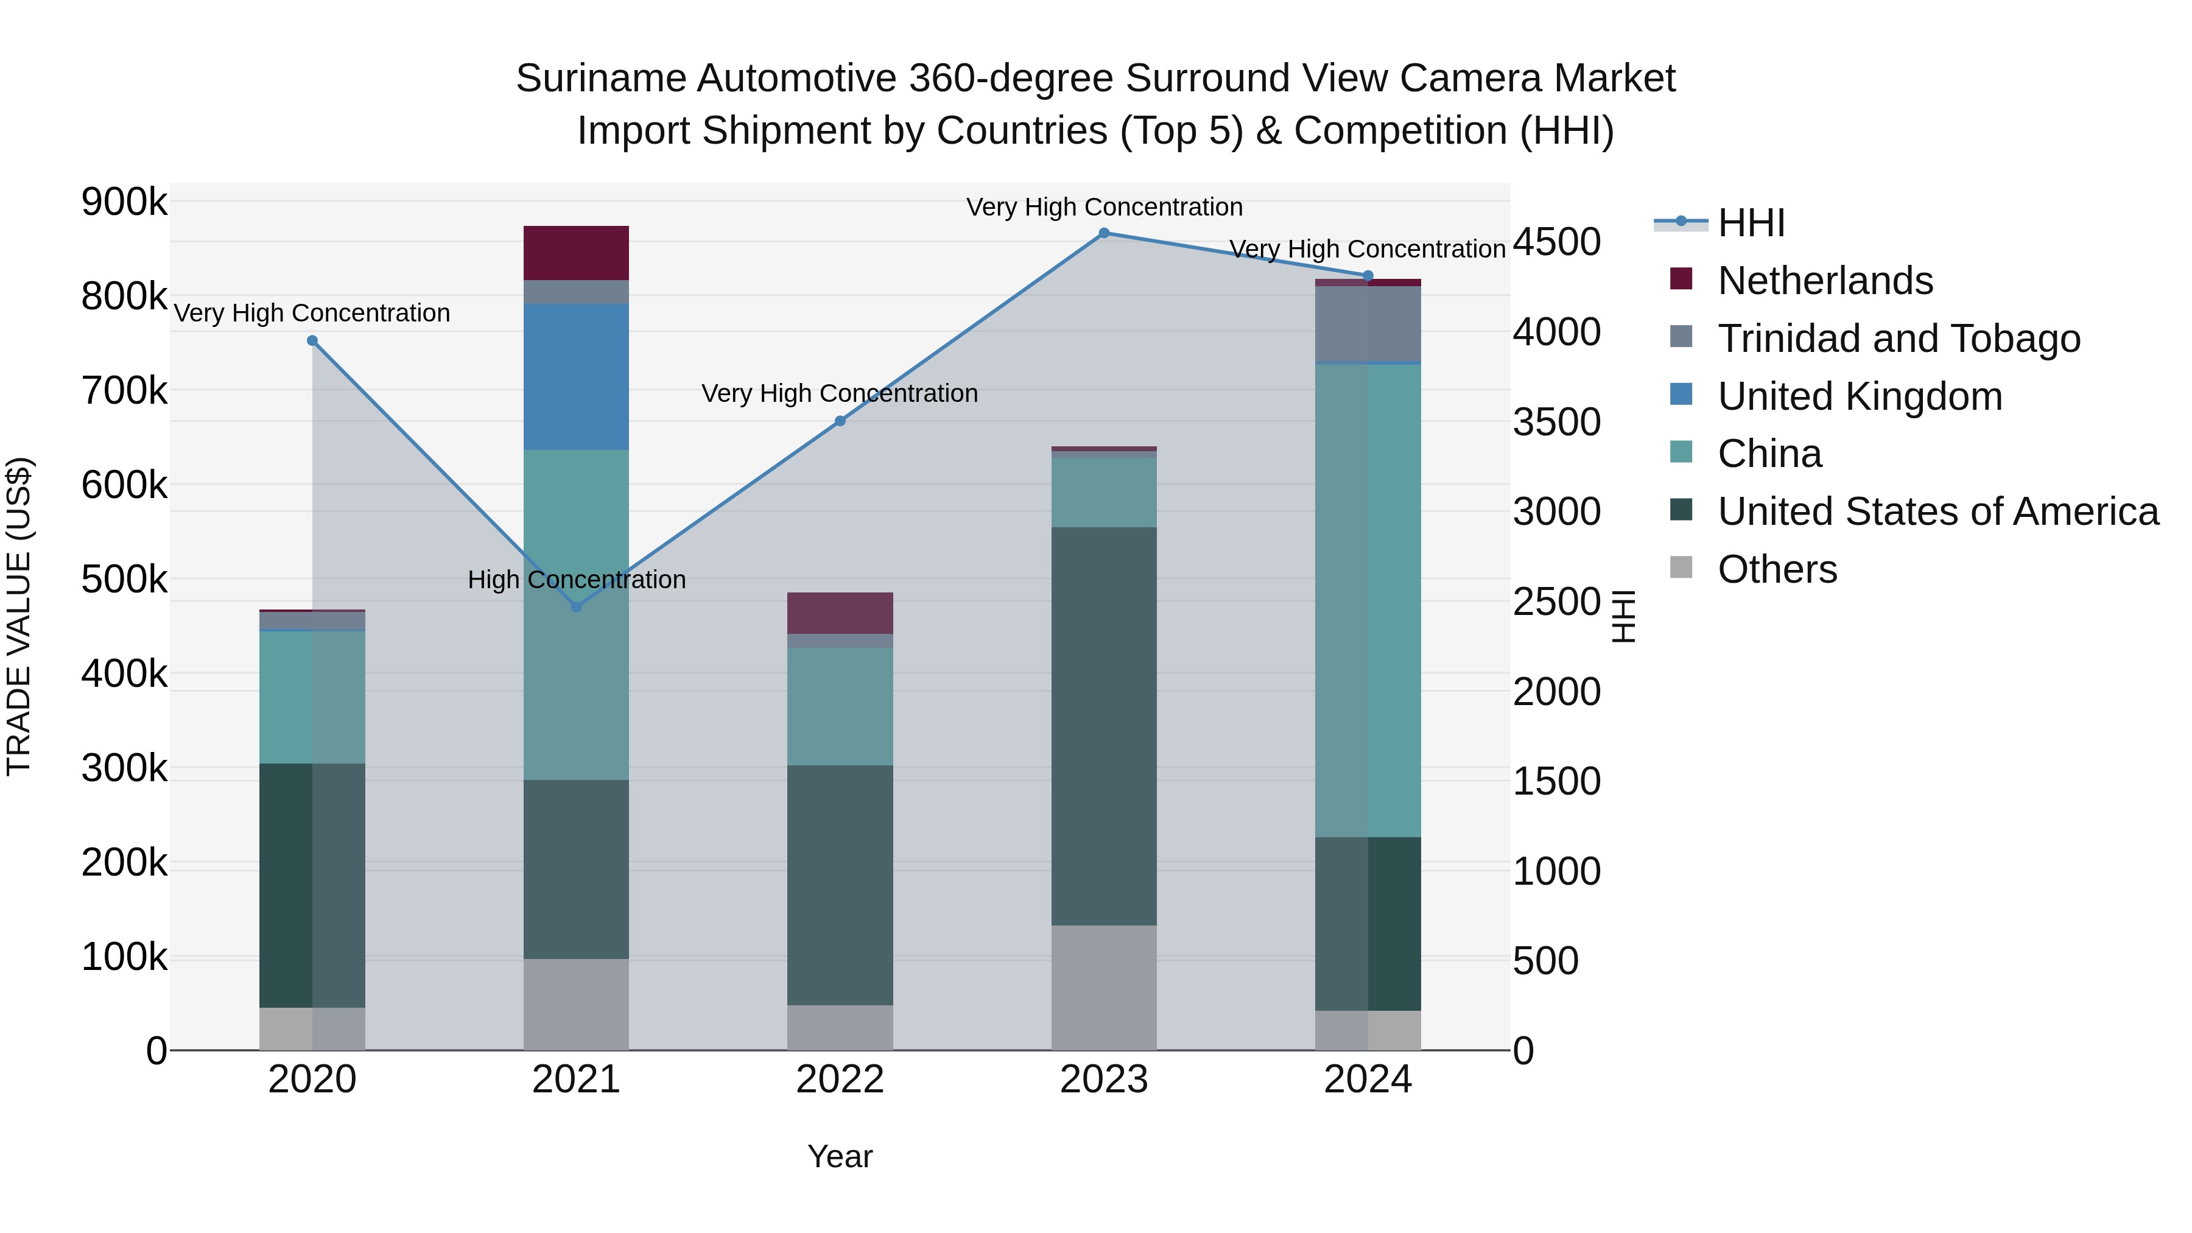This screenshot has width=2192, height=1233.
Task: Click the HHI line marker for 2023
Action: click(x=1104, y=233)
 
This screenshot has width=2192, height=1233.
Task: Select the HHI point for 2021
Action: click(x=576, y=606)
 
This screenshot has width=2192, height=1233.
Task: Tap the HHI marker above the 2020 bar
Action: click(x=312, y=341)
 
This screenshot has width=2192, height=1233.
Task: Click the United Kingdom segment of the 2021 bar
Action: click(x=576, y=377)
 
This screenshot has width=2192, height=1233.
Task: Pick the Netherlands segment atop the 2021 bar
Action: click(x=576, y=253)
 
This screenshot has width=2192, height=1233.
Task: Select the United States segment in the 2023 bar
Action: click(x=1104, y=726)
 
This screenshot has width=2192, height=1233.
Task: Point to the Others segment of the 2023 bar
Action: click(x=1104, y=987)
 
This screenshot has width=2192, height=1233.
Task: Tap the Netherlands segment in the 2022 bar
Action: click(x=840, y=613)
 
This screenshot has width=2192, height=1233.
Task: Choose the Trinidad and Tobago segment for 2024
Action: click(x=1368, y=324)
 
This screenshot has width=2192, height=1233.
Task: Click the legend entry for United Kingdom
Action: click(x=1860, y=396)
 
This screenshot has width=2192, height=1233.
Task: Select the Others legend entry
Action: click(x=1777, y=569)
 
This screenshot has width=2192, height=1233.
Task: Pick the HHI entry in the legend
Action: click(x=1751, y=223)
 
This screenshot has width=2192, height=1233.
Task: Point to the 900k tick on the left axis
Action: click(x=124, y=203)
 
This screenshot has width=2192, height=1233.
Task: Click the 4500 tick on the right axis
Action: click(x=1556, y=242)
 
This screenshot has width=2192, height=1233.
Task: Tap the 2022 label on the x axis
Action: click(x=840, y=1080)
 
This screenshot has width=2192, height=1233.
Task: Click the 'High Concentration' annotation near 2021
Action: click(x=576, y=580)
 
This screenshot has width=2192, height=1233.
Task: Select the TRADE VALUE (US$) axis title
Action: click(x=19, y=616)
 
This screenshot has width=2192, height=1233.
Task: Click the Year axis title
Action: click(x=840, y=1156)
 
